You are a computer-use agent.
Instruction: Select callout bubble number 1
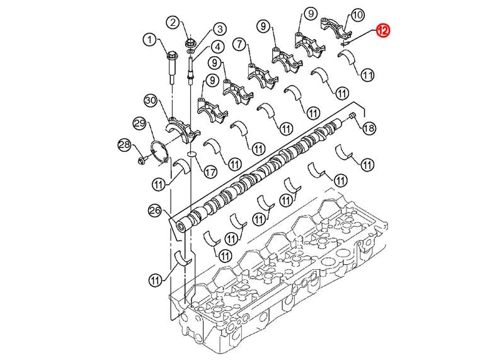(x=149, y=40)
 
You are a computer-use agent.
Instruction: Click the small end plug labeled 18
(x=352, y=116)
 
